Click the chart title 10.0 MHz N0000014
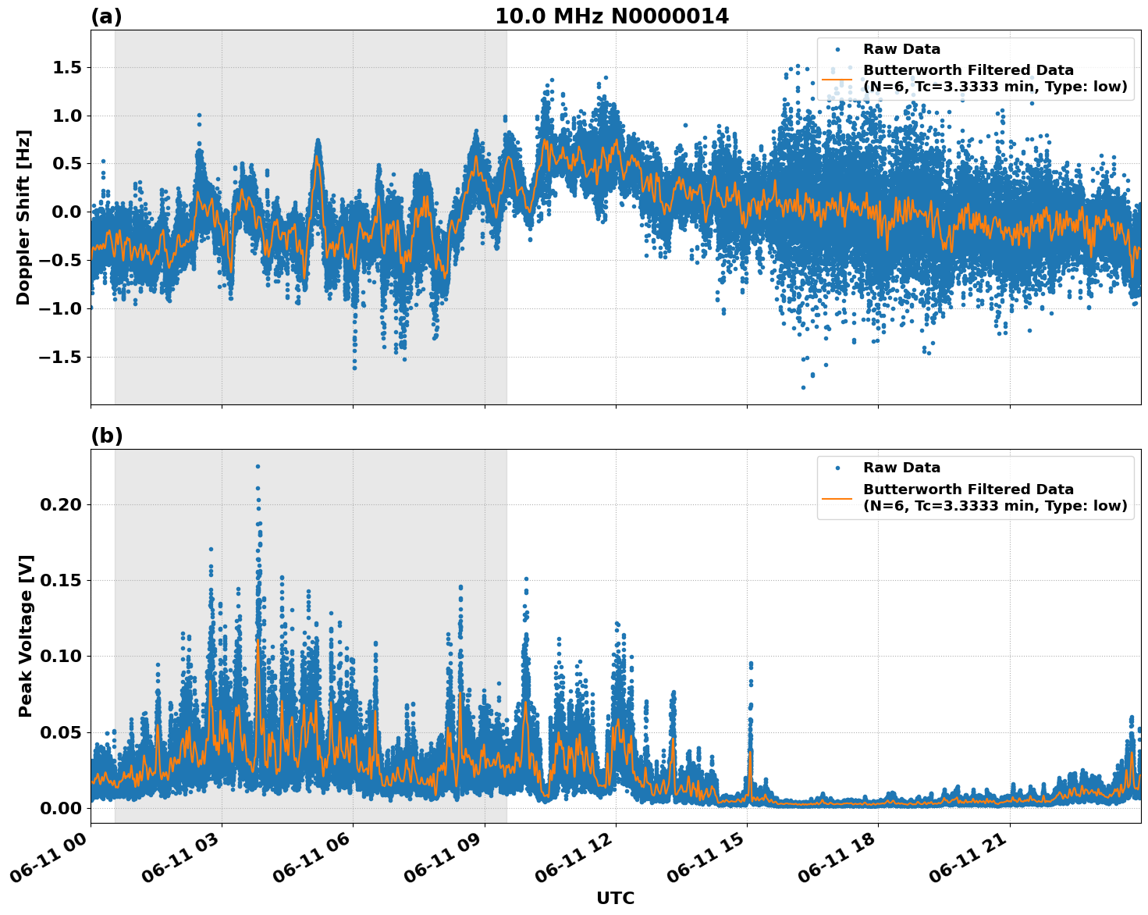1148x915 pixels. [611, 16]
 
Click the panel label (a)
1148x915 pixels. [106, 16]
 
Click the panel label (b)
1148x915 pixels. [106, 436]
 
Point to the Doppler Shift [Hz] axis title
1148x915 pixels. [23, 217]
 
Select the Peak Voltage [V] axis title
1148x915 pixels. [26, 636]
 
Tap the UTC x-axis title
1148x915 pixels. [615, 898]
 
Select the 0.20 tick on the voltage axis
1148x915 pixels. [61, 504]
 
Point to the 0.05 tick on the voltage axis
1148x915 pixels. [61, 732]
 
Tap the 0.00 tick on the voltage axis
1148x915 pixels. [61, 807]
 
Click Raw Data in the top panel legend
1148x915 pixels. [901, 49]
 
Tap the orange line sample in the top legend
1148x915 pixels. [837, 78]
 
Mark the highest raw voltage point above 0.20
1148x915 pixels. [258, 466]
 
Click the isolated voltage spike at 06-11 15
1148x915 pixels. [751, 664]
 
